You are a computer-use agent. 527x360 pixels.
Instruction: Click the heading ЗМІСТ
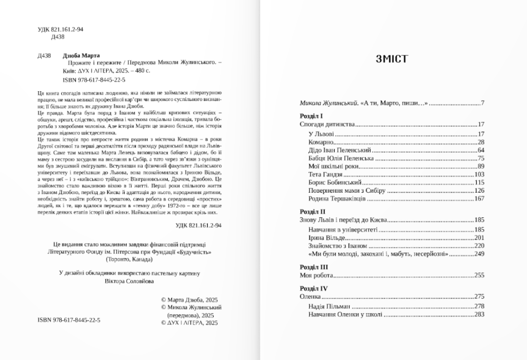point(392,59)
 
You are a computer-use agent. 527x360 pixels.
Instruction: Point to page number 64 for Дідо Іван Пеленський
point(481,150)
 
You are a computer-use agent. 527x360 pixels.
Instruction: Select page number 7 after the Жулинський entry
point(483,104)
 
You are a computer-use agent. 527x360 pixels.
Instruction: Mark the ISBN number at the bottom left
point(68,320)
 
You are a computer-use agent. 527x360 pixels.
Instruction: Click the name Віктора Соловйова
point(128,282)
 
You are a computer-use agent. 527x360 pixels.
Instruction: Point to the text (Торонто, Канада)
point(128,260)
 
